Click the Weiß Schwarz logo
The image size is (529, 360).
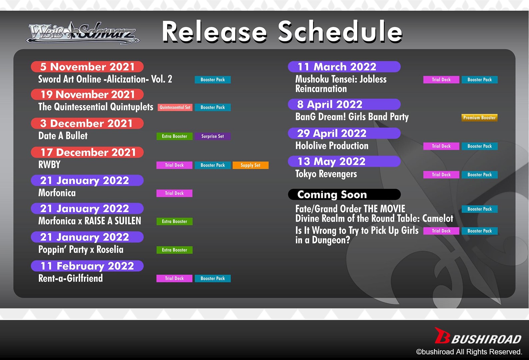83,33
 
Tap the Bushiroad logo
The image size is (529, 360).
478,336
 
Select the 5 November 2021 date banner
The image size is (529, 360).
87,67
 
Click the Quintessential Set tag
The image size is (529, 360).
175,107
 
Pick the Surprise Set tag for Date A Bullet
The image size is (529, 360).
213,136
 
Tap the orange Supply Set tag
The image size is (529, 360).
251,165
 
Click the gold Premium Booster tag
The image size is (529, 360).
479,118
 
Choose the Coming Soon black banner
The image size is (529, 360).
344,194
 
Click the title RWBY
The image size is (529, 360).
49,165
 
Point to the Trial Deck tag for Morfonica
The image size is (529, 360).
174,193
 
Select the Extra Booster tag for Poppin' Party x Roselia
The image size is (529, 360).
175,250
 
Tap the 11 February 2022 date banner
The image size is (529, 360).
87,266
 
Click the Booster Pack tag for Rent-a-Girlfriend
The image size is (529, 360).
213,278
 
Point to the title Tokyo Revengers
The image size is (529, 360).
326,174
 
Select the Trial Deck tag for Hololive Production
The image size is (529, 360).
441,146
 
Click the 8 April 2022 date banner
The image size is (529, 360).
344,104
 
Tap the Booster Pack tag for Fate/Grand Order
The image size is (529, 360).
480,209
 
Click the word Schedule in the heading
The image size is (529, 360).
340,32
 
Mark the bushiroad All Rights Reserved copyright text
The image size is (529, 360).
469,352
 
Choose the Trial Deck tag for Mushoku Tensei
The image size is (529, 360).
441,80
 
